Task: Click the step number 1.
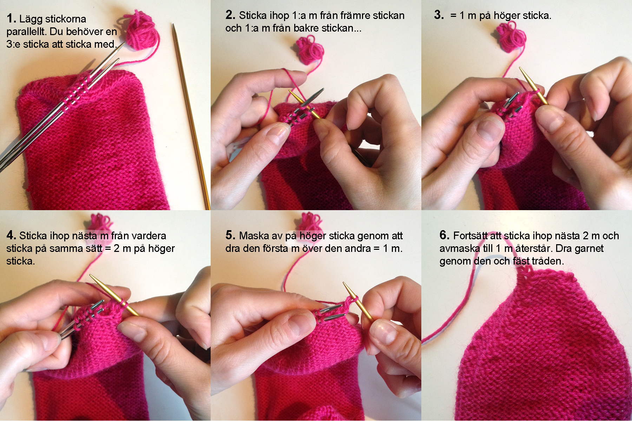pos(11,19)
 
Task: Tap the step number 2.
pos(230,15)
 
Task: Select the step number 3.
pos(439,15)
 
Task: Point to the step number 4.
pos(11,235)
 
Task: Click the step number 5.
pos(230,235)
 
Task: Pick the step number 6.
pos(445,235)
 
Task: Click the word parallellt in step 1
pos(26,32)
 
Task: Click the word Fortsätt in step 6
pos(470,236)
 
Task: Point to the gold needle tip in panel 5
pos(344,283)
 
